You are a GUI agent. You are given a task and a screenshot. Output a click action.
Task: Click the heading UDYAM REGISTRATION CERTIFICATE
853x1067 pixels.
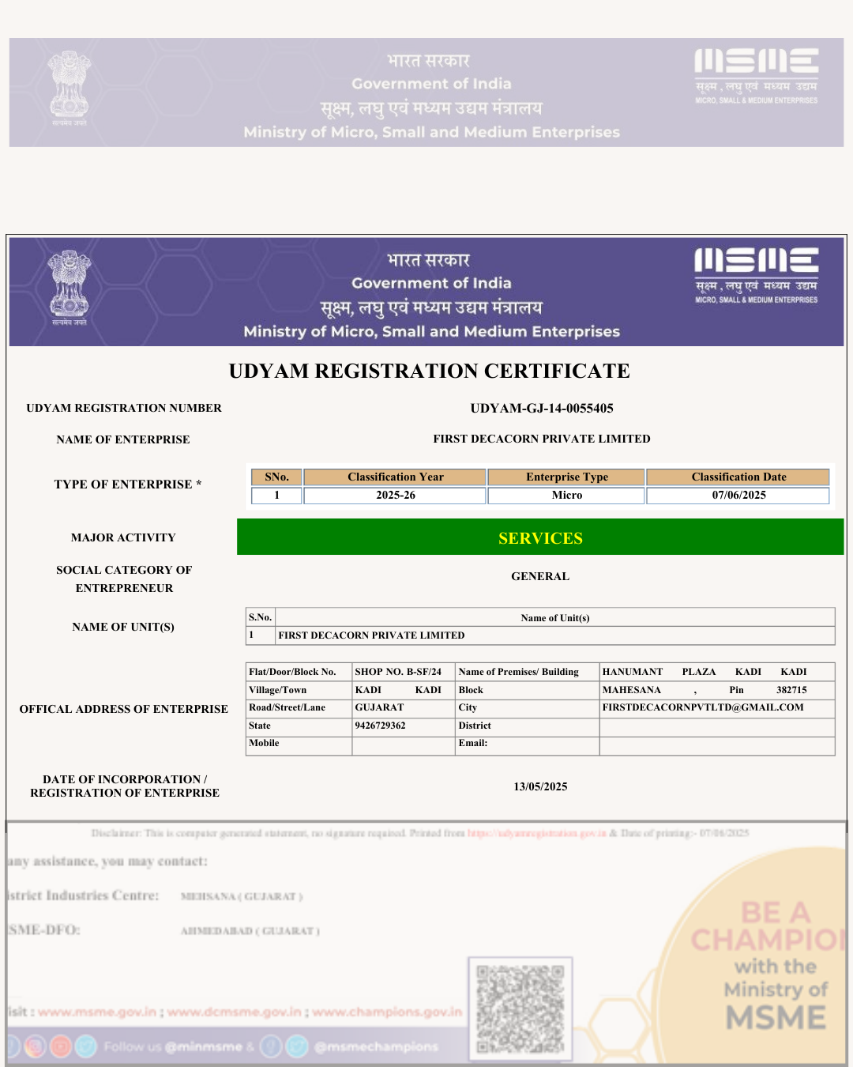(x=429, y=371)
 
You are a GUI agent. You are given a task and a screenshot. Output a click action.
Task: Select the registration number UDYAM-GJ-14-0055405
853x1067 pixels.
(x=542, y=408)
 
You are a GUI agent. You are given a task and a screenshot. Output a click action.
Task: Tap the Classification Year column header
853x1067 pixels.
(x=395, y=477)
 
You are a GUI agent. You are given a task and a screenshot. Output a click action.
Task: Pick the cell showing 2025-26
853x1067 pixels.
(x=395, y=495)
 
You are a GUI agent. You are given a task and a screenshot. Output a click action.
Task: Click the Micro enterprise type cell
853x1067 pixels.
(x=566, y=495)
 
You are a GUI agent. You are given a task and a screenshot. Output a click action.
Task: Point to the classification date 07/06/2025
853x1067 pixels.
(x=738, y=495)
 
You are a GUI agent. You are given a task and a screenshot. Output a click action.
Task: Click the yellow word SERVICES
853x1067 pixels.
(x=540, y=538)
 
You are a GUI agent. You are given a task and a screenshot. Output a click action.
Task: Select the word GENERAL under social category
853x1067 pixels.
(x=540, y=576)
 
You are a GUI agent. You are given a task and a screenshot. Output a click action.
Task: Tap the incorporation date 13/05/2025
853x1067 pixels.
(x=540, y=786)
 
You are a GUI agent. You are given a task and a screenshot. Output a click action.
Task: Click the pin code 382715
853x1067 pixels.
(x=791, y=690)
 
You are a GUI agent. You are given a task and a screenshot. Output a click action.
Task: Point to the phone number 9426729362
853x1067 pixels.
(x=380, y=726)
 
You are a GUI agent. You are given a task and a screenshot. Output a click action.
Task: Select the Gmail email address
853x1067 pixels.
(x=703, y=707)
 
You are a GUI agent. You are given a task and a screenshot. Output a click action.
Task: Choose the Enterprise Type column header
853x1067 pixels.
(x=566, y=477)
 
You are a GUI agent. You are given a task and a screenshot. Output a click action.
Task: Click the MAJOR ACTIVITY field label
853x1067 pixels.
(x=123, y=537)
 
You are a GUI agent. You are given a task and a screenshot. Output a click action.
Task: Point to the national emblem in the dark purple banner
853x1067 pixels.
(x=70, y=287)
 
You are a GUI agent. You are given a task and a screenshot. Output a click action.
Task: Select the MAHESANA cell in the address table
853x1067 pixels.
(x=632, y=690)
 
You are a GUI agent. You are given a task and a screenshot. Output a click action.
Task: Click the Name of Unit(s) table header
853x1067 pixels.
(x=554, y=618)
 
